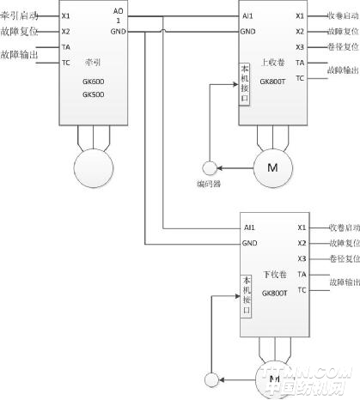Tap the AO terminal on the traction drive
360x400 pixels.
click(118, 11)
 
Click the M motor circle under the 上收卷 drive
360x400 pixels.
click(272, 165)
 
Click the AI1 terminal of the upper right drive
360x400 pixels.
click(247, 15)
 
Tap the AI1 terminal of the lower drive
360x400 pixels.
click(248, 228)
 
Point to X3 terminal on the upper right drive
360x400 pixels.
click(300, 46)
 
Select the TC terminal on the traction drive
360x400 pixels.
click(65, 62)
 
